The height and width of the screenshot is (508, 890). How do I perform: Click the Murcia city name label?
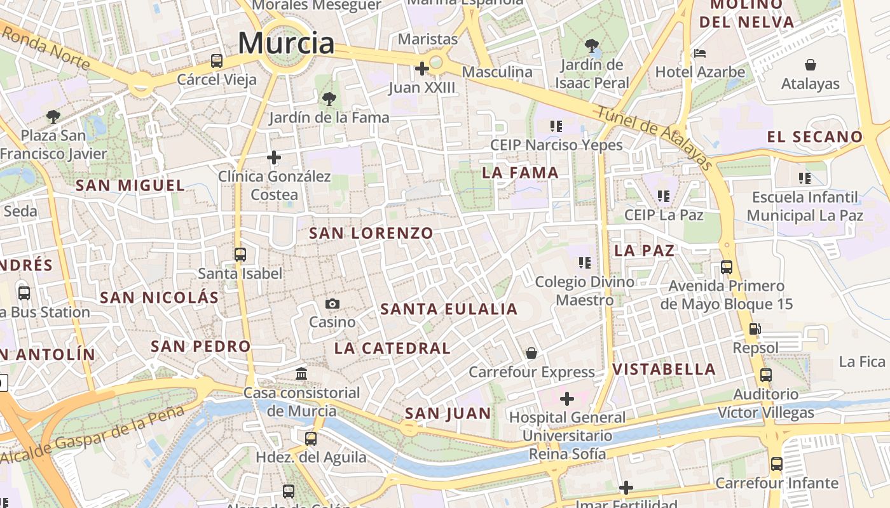286,43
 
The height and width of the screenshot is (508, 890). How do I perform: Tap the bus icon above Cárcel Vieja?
217,61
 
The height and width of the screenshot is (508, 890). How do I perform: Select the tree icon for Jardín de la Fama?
329,98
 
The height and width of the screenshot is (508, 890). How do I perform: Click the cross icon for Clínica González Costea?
274,157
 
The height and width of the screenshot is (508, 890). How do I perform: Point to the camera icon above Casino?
332,304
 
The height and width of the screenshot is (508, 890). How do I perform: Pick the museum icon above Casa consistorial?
301,373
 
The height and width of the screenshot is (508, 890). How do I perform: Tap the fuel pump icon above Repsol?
755,329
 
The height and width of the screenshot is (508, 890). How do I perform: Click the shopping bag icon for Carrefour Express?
531,352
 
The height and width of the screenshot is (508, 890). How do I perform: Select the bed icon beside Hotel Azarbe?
700,53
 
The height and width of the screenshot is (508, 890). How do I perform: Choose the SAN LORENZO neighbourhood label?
371,233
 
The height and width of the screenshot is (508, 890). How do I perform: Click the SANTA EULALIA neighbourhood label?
449,309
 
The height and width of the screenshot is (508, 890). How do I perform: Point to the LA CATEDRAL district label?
392,348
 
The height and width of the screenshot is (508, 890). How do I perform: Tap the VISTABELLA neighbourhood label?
664,369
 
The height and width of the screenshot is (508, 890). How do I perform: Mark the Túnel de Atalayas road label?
655,138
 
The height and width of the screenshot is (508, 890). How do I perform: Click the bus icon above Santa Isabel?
240,255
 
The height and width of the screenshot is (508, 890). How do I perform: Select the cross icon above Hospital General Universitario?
567,399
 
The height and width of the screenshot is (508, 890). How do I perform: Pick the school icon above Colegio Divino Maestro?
585,262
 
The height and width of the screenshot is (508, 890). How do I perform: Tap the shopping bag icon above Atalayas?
811,65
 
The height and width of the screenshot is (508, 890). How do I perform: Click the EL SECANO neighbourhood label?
814,137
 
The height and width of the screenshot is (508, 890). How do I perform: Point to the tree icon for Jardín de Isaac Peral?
592,45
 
